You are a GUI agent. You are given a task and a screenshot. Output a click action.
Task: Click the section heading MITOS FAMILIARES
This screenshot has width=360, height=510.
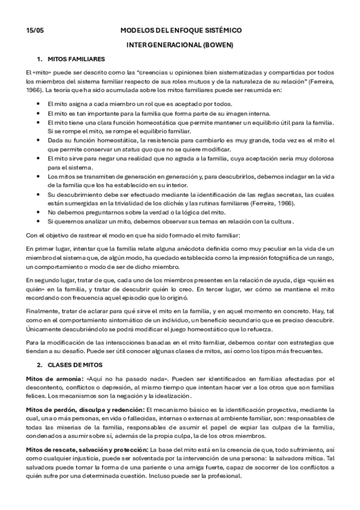pyautogui.click(x=74, y=59)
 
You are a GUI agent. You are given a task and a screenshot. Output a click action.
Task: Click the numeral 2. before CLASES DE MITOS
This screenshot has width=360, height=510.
pyautogui.click(x=40, y=364)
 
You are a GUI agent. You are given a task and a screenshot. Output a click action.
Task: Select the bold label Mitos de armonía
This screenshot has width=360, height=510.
pyautogui.click(x=54, y=379)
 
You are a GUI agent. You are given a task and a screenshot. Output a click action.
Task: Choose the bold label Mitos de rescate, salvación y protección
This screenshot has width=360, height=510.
pyautogui.click(x=87, y=450)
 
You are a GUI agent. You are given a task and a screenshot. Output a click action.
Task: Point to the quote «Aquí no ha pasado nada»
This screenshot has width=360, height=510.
pyautogui.click(x=123, y=379)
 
